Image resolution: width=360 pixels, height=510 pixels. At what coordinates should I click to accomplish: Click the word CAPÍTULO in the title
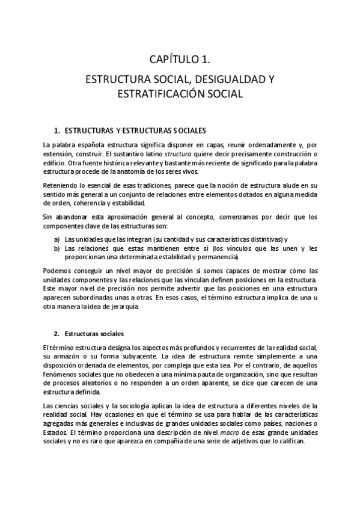tap(171, 59)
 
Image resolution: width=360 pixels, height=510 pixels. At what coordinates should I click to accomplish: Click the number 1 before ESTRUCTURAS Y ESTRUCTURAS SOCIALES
tap(56, 130)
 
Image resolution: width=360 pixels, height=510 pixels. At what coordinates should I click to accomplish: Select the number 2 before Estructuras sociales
tap(56, 333)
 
